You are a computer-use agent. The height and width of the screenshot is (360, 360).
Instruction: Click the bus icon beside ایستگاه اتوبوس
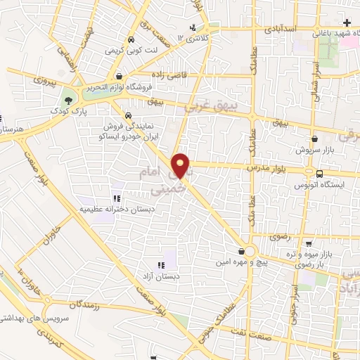point(320,174)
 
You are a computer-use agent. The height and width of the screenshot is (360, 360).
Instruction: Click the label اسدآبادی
point(281,31)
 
